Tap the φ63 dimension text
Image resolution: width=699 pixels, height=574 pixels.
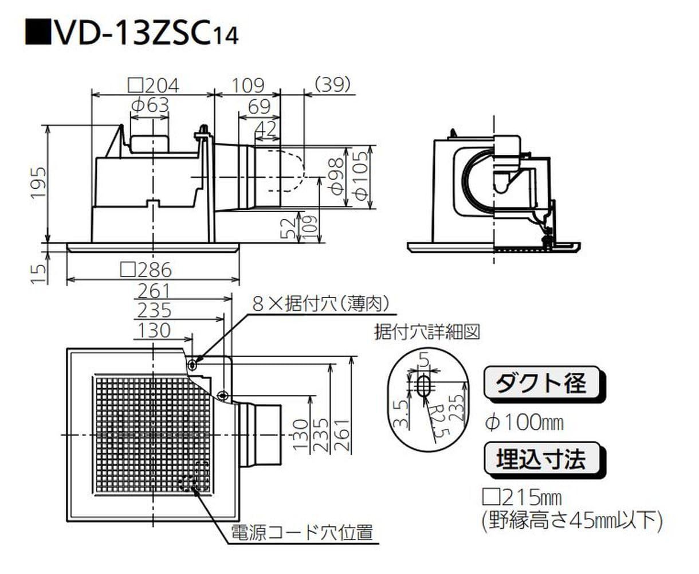[x=150, y=105]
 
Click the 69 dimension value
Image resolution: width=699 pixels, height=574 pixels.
[x=259, y=107]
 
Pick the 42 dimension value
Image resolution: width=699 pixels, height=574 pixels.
[x=265, y=128]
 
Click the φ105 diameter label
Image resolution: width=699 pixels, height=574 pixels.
[x=362, y=177]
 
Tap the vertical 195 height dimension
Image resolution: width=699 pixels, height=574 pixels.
[x=37, y=183]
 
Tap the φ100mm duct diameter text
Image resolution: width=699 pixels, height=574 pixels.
[x=524, y=423]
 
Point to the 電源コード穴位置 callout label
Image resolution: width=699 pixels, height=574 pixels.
[x=302, y=533]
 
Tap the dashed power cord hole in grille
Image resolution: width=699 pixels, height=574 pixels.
[x=194, y=476]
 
